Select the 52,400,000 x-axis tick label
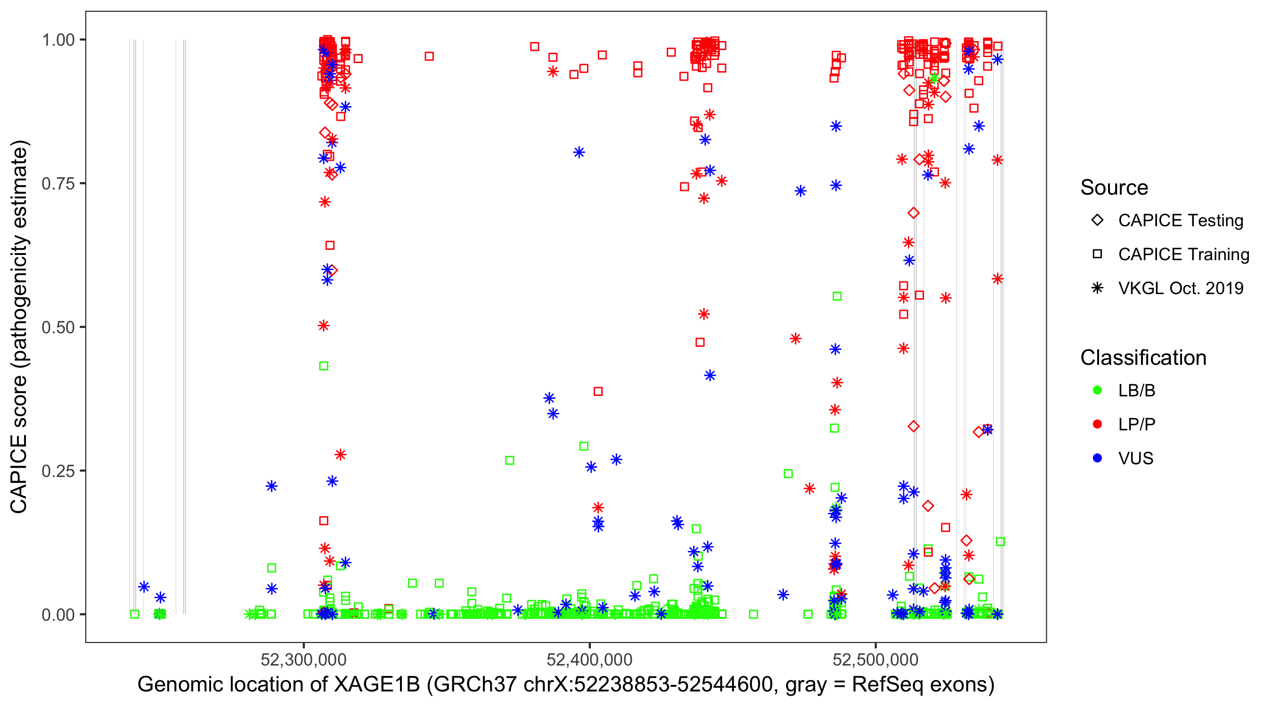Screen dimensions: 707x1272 coord(589,659)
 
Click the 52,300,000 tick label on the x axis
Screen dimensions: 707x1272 coord(303,659)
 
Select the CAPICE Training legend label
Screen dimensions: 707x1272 coord(1183,255)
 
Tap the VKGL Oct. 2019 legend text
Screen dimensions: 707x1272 coord(1181,288)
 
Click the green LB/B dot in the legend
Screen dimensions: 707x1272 coord(1097,391)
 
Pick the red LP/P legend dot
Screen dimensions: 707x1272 coord(1097,424)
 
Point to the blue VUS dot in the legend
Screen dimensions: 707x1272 coord(1097,459)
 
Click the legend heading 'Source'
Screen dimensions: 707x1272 coord(1114,188)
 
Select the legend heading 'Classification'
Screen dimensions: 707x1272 coord(1143,358)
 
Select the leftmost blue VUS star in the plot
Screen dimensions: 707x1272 coord(144,587)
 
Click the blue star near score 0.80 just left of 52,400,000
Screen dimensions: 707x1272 coord(579,152)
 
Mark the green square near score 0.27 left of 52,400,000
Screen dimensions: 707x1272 coord(510,460)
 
